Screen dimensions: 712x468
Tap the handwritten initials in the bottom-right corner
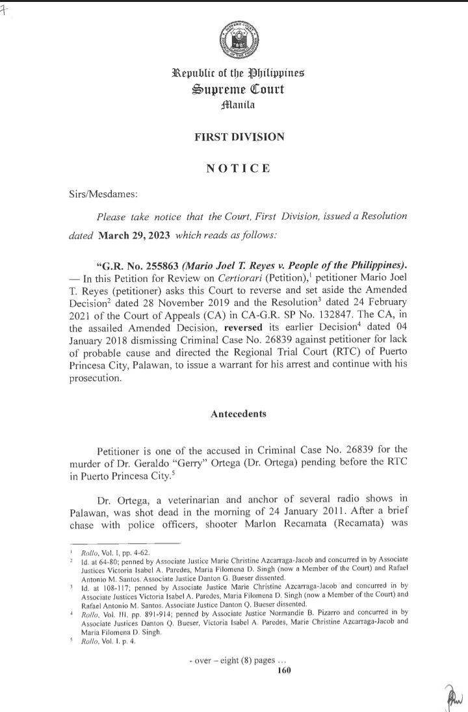pos(454,695)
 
